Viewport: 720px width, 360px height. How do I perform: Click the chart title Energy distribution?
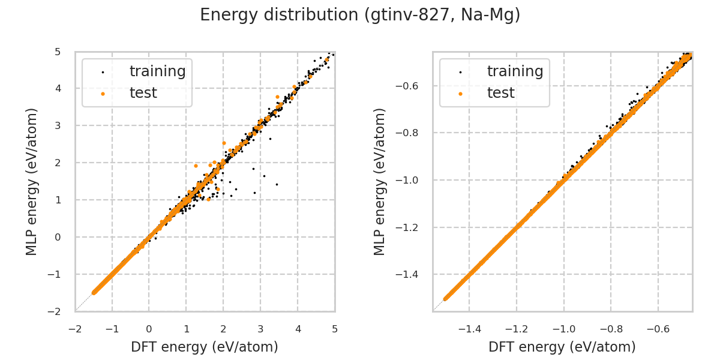click(x=360, y=15)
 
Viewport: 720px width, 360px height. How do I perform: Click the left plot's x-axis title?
click(x=205, y=347)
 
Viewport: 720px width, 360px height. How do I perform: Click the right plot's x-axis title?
click(x=562, y=347)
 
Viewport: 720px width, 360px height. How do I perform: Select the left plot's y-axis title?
click(x=32, y=181)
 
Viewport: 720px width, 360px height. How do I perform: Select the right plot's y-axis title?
click(x=380, y=181)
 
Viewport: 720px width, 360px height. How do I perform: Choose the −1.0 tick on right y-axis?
click(x=412, y=180)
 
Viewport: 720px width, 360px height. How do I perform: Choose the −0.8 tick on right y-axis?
click(x=412, y=133)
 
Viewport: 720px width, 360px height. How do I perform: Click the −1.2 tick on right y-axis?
click(x=412, y=227)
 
